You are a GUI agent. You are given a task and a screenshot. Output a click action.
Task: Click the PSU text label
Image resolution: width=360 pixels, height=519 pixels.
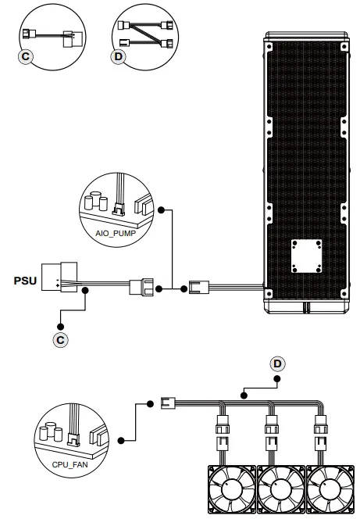(x=25, y=281)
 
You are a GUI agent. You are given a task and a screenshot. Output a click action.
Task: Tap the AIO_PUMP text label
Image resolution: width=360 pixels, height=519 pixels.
(x=116, y=234)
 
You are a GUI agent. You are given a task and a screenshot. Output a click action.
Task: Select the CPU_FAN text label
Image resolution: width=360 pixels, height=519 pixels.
(x=70, y=465)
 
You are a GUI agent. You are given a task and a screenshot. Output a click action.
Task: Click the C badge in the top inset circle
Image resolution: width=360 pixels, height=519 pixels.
(x=26, y=56)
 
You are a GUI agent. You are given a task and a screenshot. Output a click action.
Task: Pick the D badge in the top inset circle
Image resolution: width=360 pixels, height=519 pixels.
(x=119, y=56)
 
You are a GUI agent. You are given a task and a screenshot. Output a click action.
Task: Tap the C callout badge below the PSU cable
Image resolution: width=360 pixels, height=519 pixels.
(x=60, y=340)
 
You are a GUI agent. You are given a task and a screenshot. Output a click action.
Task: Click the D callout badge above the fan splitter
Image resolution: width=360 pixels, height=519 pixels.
(x=277, y=363)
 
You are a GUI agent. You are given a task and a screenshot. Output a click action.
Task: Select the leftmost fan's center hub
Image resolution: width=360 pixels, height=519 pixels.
(x=231, y=490)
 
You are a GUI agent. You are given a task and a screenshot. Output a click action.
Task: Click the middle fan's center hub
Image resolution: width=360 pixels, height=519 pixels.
(x=281, y=490)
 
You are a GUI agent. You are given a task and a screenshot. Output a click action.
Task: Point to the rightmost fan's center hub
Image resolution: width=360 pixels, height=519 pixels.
(x=330, y=490)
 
